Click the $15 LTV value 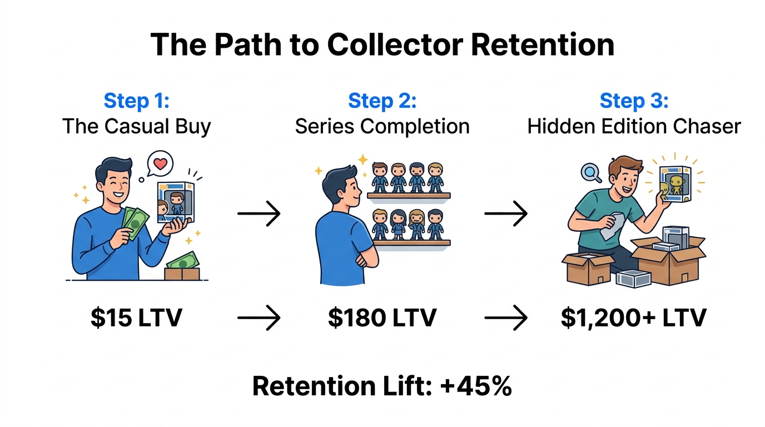pyautogui.click(x=136, y=318)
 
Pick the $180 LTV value pyautogui.click(x=382, y=318)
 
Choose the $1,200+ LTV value pyautogui.click(x=633, y=318)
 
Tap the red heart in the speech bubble pyautogui.click(x=160, y=164)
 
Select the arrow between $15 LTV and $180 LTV pyautogui.click(x=259, y=319)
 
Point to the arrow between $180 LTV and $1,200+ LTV pyautogui.click(x=505, y=319)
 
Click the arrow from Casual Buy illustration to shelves pyautogui.click(x=259, y=213)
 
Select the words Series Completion pyautogui.click(x=382, y=126)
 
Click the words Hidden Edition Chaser pyautogui.click(x=634, y=126)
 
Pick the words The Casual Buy pyautogui.click(x=136, y=126)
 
